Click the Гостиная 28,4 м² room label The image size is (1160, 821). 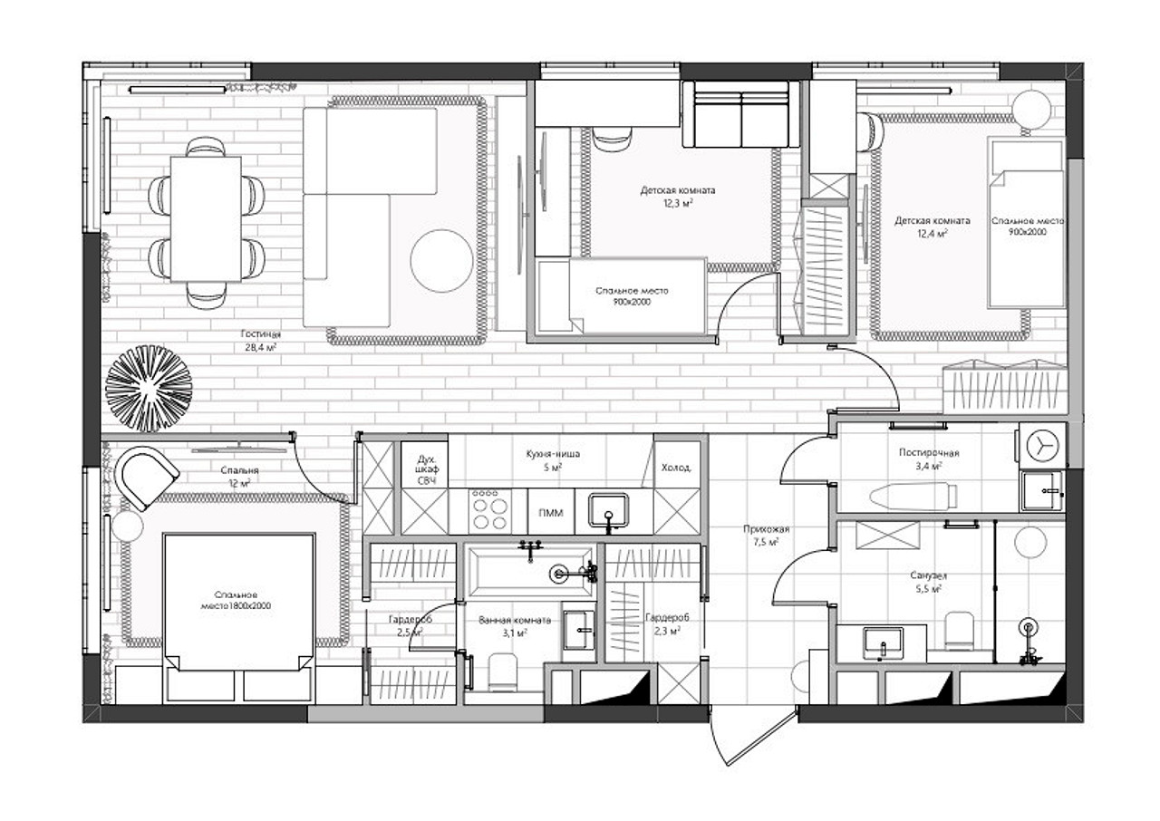pyautogui.click(x=261, y=341)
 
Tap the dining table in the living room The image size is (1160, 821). pyautogui.click(x=206, y=219)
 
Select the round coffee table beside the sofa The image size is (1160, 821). pyautogui.click(x=441, y=261)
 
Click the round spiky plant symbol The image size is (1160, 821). pyautogui.click(x=149, y=388)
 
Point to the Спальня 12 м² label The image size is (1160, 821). pyautogui.click(x=239, y=477)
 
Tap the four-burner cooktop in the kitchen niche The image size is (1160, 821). pyautogui.click(x=489, y=511)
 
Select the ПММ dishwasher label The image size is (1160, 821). pyautogui.click(x=550, y=513)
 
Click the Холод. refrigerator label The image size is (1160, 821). pyautogui.click(x=676, y=468)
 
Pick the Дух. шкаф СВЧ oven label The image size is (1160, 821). pyautogui.click(x=426, y=469)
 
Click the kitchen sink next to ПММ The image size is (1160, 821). pyautogui.click(x=608, y=511)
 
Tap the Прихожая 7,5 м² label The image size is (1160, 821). pyautogui.click(x=767, y=536)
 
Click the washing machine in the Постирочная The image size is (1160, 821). pyautogui.click(x=1042, y=446)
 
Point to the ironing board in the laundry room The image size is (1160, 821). pyautogui.click(x=913, y=496)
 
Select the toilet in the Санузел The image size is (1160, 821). pyautogui.click(x=959, y=630)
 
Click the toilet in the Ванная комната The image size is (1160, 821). pyautogui.click(x=502, y=671)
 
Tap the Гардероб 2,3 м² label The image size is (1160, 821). pyautogui.click(x=667, y=623)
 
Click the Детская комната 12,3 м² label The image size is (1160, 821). pyautogui.click(x=678, y=197)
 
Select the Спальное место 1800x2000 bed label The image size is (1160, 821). pyautogui.click(x=236, y=601)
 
